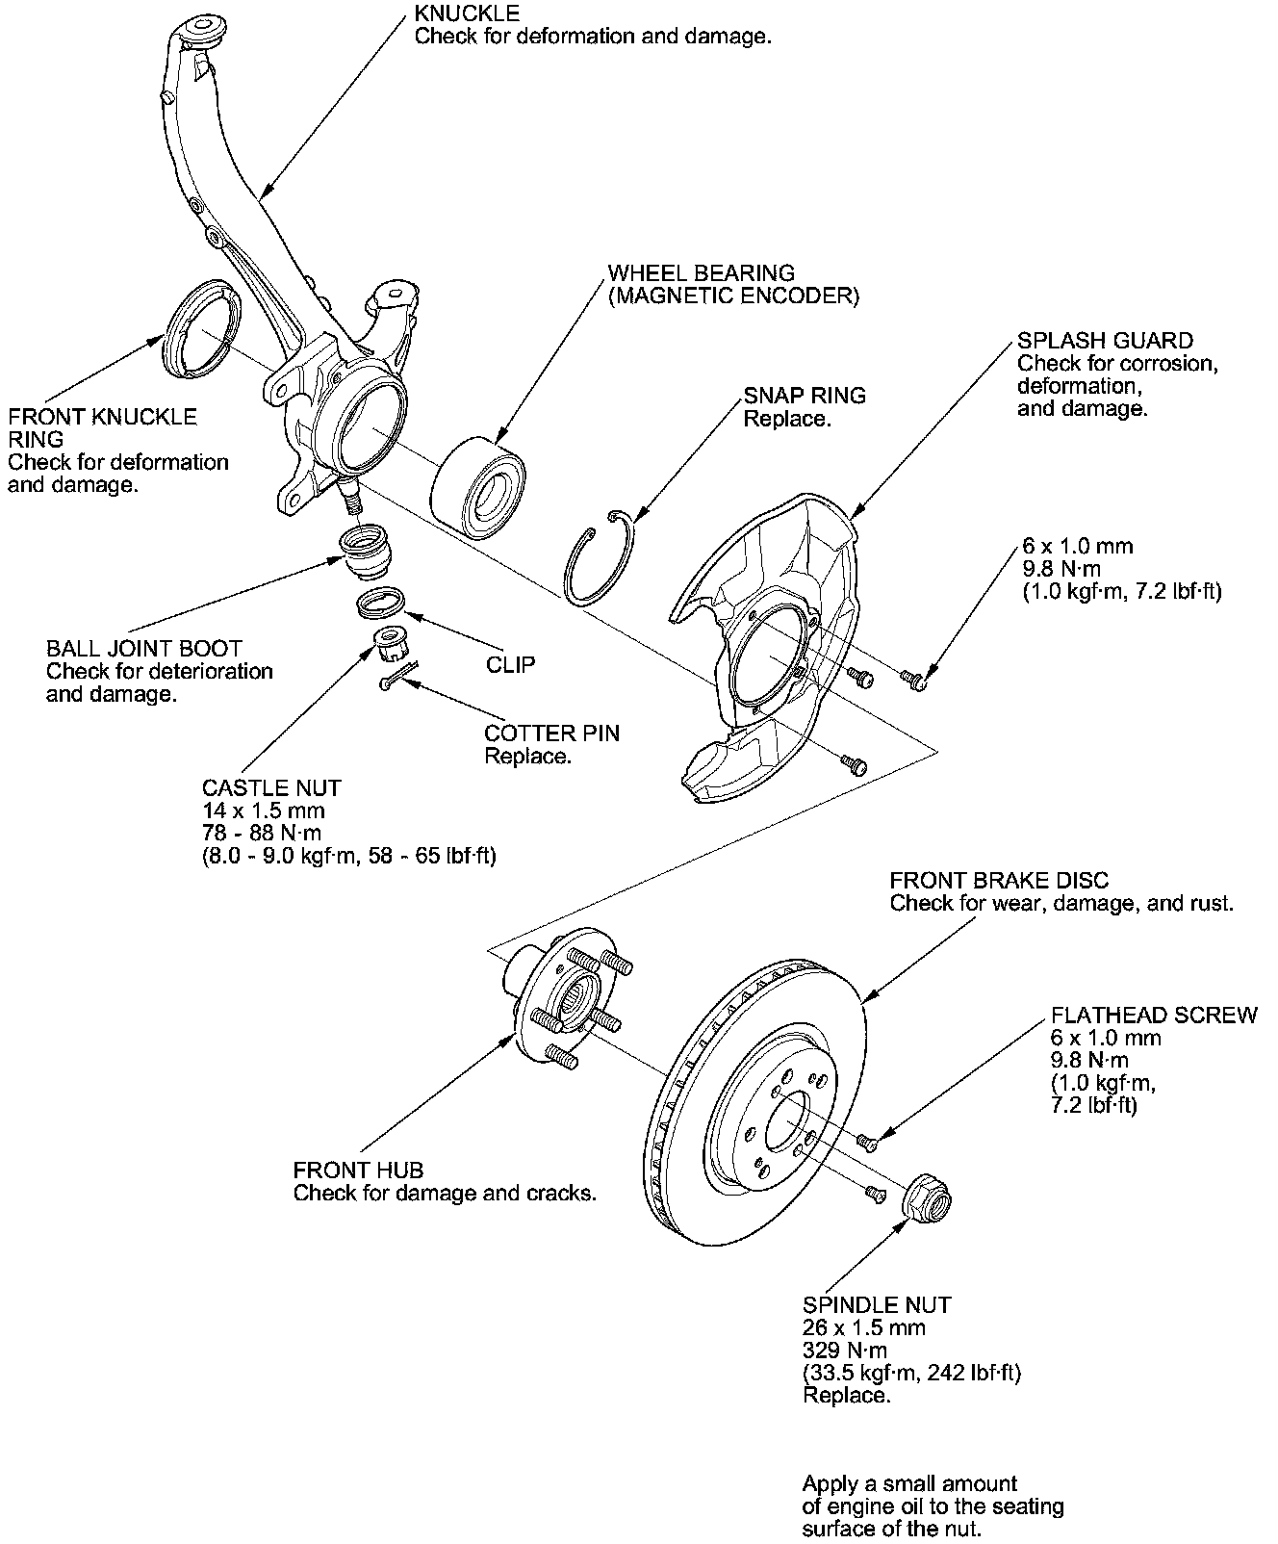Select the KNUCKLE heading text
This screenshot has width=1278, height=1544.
click(x=467, y=13)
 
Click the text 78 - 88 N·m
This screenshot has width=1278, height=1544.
click(x=262, y=833)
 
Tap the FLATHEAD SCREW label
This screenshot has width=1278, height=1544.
click(x=1154, y=1015)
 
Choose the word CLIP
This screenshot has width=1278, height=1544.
click(x=510, y=664)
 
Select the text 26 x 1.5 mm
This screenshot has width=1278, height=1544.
click(x=864, y=1328)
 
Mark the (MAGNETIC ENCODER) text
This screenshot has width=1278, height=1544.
click(x=733, y=296)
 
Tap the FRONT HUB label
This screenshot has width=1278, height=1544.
click(x=358, y=1171)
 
